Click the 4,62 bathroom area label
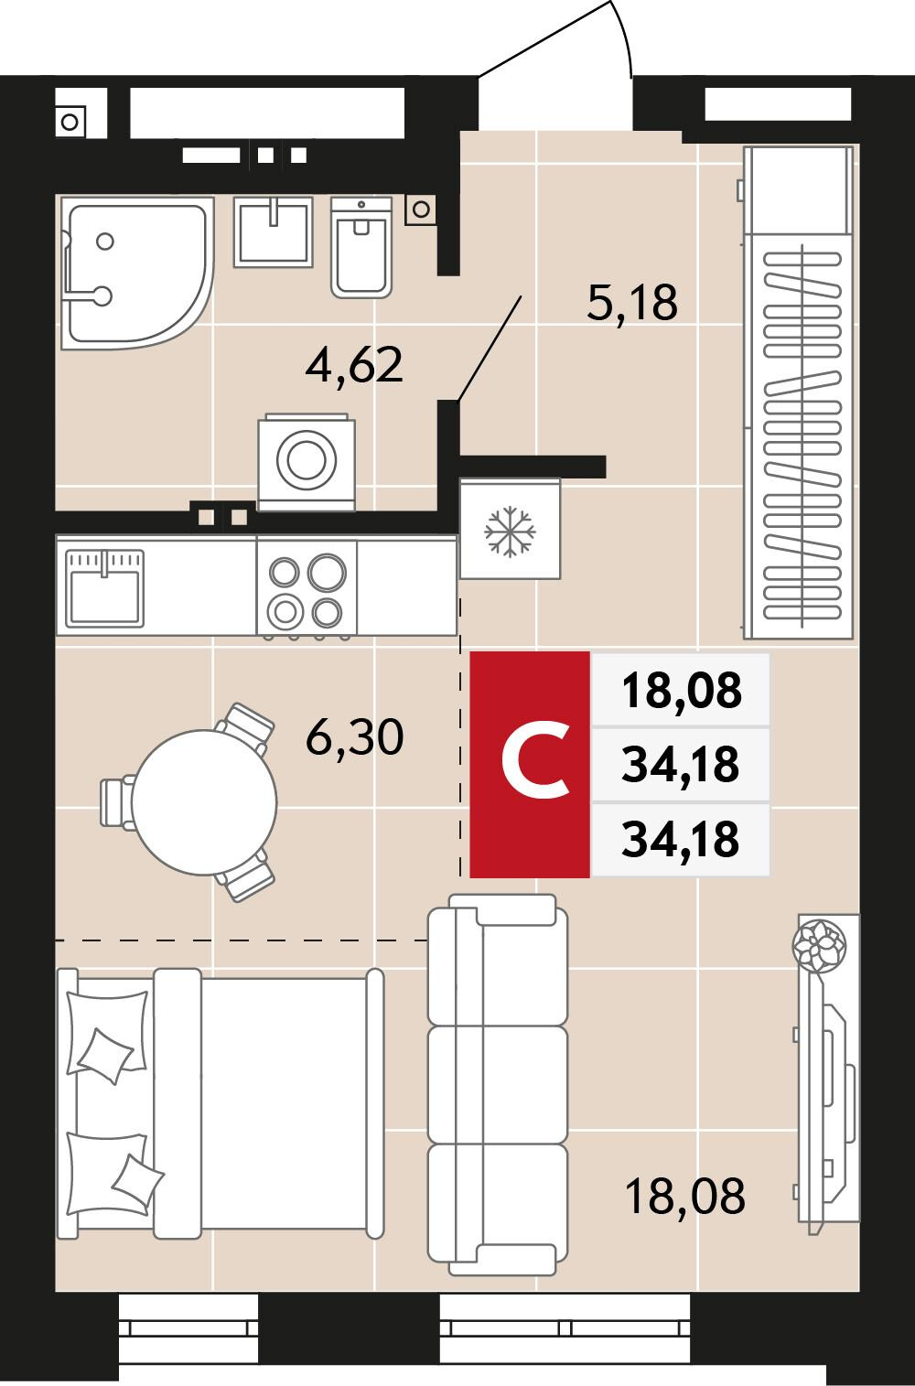point(354,366)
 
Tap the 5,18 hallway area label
point(631,303)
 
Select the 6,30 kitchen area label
point(354,736)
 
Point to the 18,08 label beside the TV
point(685,1196)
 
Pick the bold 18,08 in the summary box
point(681,690)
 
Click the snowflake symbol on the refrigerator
point(510,532)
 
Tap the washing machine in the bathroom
point(307,462)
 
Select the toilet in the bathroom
point(361,248)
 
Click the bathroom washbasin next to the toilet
point(274,232)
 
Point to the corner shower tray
point(136,274)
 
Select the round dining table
point(204,802)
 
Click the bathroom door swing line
point(489,349)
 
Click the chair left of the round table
point(117,802)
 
